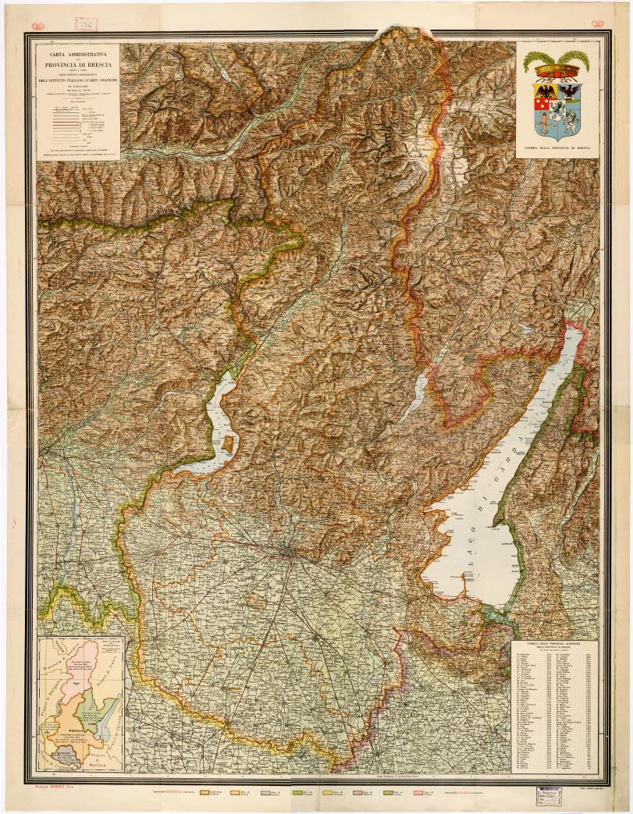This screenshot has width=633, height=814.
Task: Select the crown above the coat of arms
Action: tap(556, 73)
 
